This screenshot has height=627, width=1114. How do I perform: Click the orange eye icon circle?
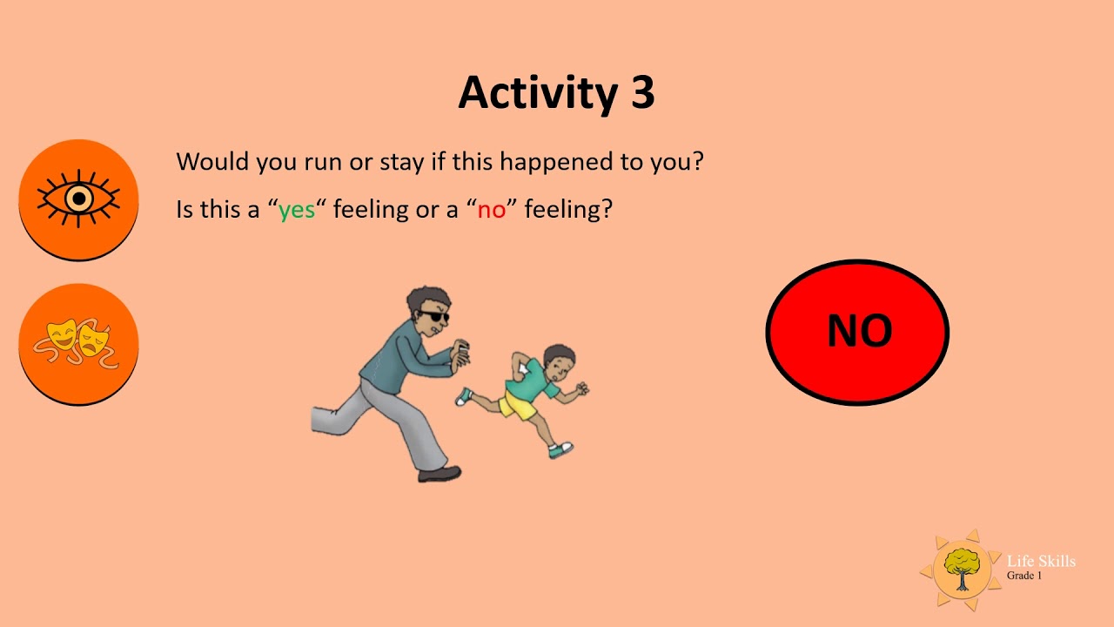click(78, 199)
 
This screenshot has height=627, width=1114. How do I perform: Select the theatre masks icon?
click(78, 343)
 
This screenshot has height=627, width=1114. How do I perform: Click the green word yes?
click(297, 210)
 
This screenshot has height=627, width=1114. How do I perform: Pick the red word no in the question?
click(491, 210)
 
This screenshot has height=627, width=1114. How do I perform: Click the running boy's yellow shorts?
click(520, 406)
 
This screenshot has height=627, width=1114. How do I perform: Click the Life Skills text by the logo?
click(1041, 561)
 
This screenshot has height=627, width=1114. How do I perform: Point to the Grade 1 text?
click(1024, 576)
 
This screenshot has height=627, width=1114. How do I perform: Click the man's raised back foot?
click(324, 420)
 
